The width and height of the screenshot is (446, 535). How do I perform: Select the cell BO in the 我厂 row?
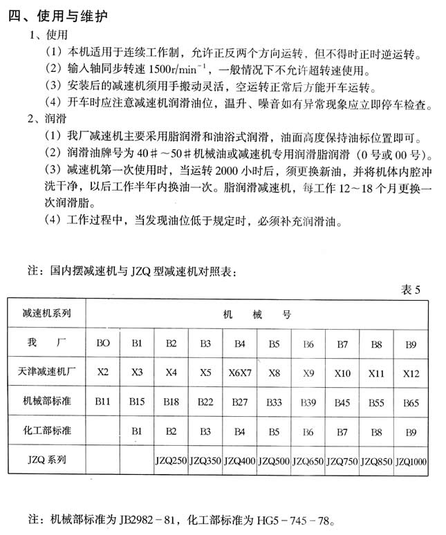tap(102, 343)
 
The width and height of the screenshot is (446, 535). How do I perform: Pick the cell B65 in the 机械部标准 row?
tap(411, 401)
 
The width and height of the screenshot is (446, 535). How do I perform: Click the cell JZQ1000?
tap(411, 460)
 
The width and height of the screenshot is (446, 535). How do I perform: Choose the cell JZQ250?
tap(171, 460)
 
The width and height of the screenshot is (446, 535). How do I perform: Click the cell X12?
tap(411, 373)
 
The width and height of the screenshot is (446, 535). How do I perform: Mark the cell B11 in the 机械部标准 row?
tap(102, 401)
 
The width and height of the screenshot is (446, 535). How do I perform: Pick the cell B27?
tap(240, 401)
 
